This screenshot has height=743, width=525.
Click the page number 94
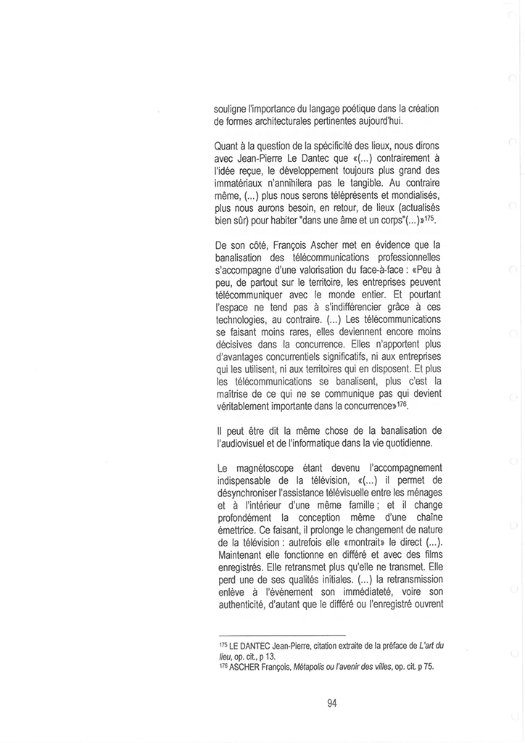pos(333,702)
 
